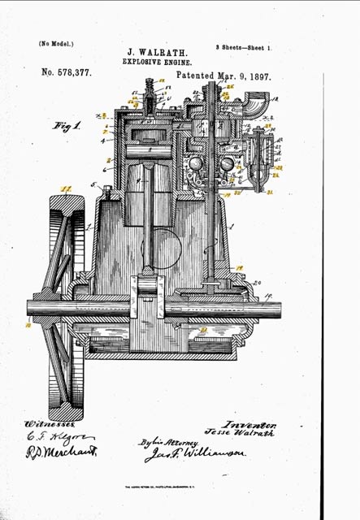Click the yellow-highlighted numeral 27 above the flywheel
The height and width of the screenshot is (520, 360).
coord(67,190)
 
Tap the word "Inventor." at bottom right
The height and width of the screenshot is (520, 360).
coord(254,424)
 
